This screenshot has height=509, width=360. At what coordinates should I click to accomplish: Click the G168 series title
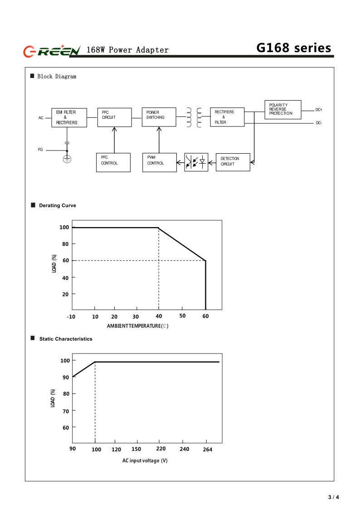pos(293,48)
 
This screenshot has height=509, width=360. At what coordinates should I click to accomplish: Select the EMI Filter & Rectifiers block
pos(68,117)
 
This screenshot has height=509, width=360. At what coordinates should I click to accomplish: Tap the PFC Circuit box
pos(114,117)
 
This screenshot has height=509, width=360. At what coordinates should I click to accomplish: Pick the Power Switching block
pos(159,117)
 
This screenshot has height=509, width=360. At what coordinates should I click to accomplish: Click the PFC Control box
pos(113,162)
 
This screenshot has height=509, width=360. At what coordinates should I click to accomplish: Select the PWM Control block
pos(159,162)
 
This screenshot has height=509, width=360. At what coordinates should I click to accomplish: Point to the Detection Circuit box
pos(233,162)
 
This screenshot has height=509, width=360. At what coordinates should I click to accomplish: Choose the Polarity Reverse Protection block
pos(282,110)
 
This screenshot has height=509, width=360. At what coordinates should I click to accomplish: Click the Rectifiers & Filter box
pos(227,117)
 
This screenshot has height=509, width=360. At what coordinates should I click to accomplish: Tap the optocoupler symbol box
pos(196,162)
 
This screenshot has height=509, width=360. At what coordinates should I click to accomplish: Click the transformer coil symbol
pos(194,117)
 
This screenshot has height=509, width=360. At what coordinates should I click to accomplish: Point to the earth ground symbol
pos(67,159)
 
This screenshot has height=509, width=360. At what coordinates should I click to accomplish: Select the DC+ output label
pos(319,110)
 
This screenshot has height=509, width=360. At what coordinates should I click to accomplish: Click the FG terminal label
pos(40,149)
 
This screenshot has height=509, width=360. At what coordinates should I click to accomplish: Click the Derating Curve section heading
pos(57,206)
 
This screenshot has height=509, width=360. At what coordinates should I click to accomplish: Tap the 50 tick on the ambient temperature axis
pos(182,315)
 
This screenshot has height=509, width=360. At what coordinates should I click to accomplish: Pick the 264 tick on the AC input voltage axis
pos(207,449)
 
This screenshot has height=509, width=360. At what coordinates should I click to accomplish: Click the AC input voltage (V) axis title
pos(145,461)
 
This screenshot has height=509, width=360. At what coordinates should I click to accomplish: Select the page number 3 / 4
pos(333,497)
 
